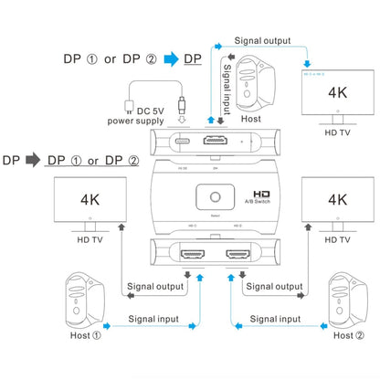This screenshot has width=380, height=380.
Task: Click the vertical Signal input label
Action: tap(225, 88)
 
